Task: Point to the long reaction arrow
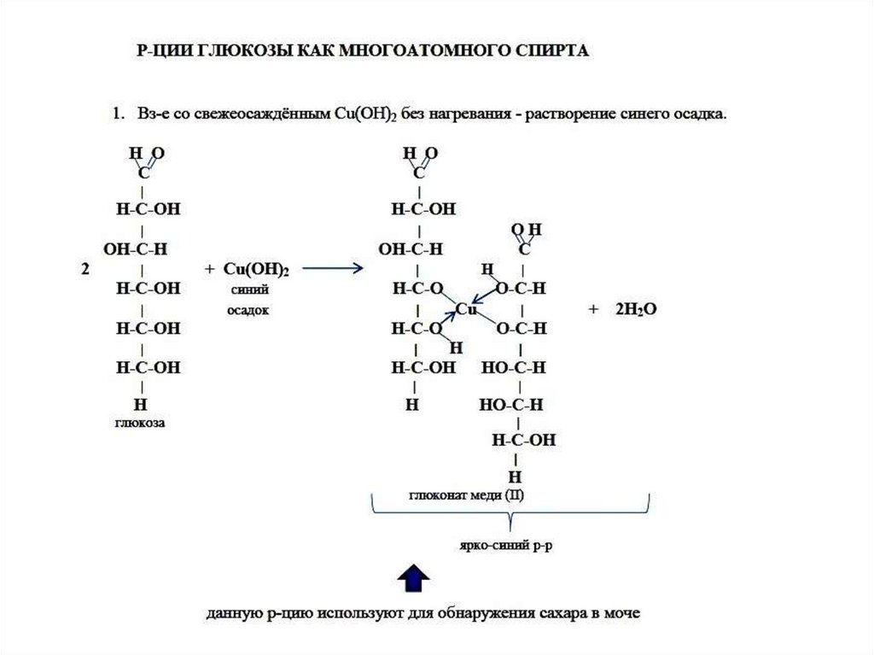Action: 334,269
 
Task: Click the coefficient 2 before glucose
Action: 84,269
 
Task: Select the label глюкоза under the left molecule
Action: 139,422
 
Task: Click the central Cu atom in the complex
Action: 465,308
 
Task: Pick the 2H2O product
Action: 635,308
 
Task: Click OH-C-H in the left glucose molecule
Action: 135,249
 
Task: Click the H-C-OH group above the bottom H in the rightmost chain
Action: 523,441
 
